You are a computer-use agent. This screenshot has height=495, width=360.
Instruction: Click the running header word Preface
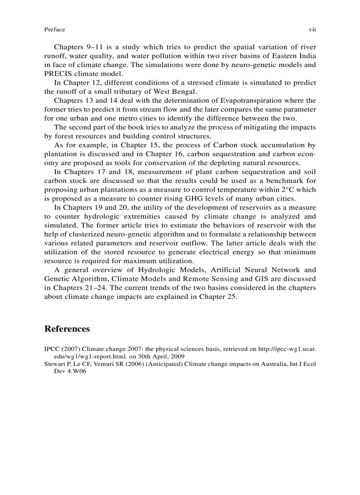pyautogui.click(x=54, y=30)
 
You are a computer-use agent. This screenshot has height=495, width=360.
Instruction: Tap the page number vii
pyautogui.click(x=312, y=30)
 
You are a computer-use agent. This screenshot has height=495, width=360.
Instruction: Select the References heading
pyautogui.click(x=67, y=329)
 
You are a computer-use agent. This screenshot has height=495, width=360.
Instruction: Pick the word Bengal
pyautogui.click(x=183, y=92)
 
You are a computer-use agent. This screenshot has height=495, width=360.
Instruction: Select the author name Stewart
pyautogui.click(x=54, y=364)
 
